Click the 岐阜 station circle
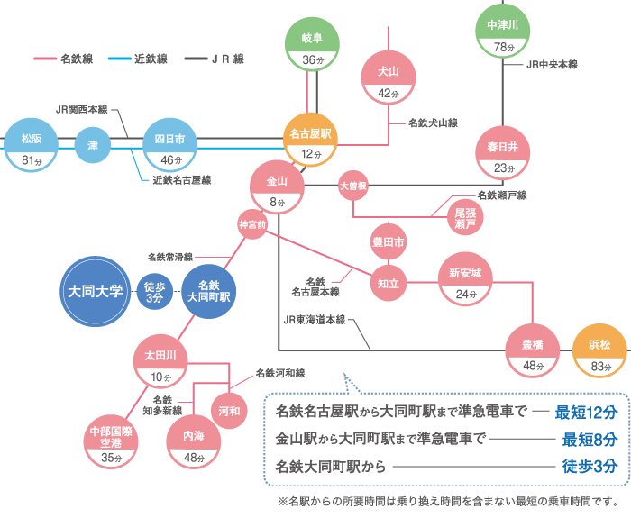click(312, 48)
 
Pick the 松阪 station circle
click(32, 149)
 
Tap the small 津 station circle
click(92, 145)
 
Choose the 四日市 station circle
click(170, 148)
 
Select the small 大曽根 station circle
click(353, 186)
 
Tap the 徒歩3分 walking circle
click(155, 291)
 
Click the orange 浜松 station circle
click(599, 354)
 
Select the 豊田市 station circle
click(389, 242)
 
